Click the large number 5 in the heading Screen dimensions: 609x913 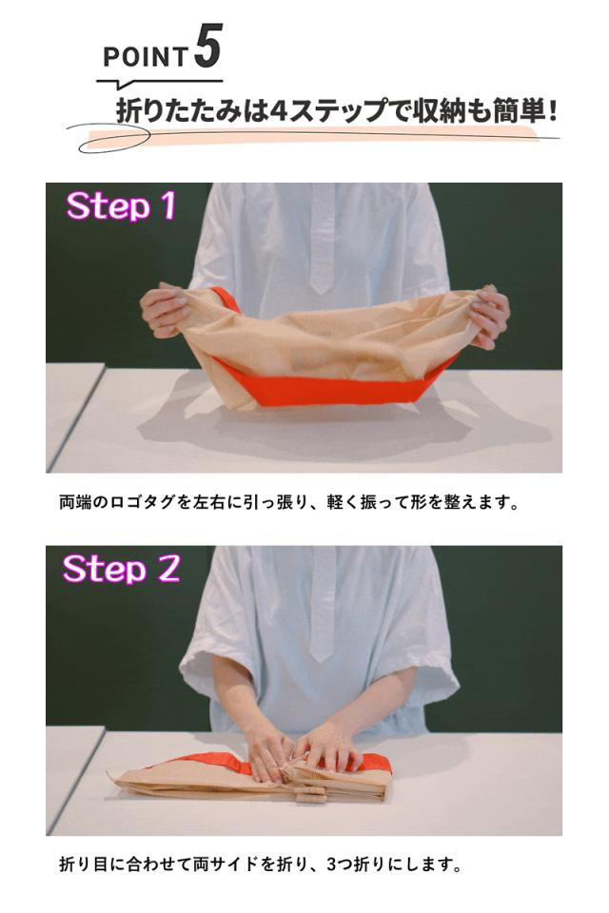pyautogui.click(x=208, y=46)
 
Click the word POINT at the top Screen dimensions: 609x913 pyautogui.click(x=145, y=57)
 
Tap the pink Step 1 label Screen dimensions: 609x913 pyautogui.click(x=121, y=205)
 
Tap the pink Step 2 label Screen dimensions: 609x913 pyautogui.click(x=122, y=569)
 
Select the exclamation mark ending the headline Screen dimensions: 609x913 pyautogui.click(x=551, y=109)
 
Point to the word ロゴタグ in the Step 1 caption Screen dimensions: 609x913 pyautogui.click(x=142, y=502)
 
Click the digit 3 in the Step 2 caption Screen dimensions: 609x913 pyautogui.click(x=330, y=864)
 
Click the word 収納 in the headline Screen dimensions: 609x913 pyautogui.click(x=434, y=110)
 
